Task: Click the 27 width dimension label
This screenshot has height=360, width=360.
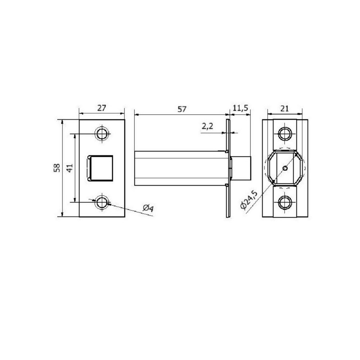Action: tap(102, 108)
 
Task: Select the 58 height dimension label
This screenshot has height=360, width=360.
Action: tap(57, 168)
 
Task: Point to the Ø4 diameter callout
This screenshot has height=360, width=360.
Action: tap(148, 208)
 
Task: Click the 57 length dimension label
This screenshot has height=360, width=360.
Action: tap(182, 109)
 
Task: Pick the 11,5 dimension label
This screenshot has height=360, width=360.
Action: tap(240, 108)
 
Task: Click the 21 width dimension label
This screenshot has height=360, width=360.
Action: tap(284, 108)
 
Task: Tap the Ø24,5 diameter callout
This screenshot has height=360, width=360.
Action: tap(249, 200)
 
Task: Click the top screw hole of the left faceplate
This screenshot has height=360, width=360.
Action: tap(102, 134)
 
